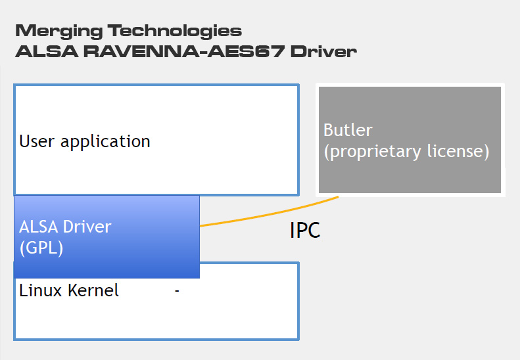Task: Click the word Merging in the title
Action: click(59, 32)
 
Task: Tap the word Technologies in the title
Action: click(175, 32)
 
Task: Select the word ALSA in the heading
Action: click(47, 51)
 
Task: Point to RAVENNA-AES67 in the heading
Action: click(184, 51)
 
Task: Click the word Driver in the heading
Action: click(323, 51)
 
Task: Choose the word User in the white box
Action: click(37, 141)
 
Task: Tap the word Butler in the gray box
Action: click(348, 129)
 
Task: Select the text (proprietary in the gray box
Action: click(373, 152)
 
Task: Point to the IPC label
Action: click(305, 230)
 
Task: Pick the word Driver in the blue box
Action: click(87, 227)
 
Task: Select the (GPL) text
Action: click(41, 248)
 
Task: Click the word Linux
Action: click(41, 290)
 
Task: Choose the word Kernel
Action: click(93, 290)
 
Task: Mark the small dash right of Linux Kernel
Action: click(177, 291)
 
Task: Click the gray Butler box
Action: click(410, 139)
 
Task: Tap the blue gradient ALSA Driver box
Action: click(106, 236)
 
